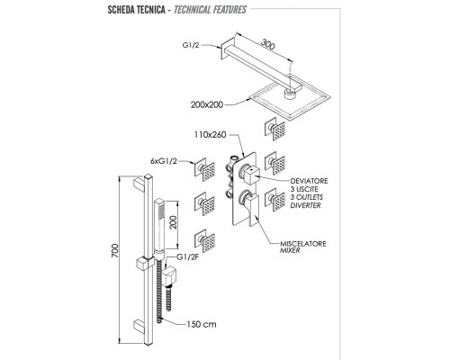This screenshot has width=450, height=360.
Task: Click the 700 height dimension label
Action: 115,251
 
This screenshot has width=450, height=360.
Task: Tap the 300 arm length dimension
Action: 267,44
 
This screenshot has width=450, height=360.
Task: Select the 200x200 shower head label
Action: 207,105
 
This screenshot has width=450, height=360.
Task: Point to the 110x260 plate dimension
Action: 210,135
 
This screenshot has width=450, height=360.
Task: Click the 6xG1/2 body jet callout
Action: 164,161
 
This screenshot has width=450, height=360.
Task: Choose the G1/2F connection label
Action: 188,257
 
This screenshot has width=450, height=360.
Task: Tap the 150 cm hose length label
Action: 202,324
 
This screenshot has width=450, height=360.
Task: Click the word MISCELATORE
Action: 303,244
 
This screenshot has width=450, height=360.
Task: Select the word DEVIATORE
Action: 309,181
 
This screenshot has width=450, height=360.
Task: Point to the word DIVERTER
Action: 305,205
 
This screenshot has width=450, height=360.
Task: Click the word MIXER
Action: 290,250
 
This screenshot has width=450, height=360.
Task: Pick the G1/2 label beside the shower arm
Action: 191,45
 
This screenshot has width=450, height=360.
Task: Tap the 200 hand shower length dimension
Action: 174,222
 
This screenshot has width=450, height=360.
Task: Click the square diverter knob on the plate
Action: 251,175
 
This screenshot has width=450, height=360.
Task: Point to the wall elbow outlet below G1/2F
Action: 169,275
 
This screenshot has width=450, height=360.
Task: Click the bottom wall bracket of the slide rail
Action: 139,326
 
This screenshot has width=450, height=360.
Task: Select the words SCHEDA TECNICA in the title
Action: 137,10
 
